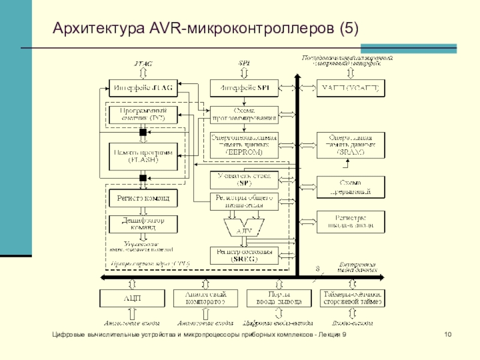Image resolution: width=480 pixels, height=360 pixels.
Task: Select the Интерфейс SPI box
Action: (x=244, y=88)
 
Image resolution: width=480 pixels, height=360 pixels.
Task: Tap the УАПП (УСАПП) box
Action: (x=351, y=88)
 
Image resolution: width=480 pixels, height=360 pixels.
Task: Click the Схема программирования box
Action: (x=244, y=114)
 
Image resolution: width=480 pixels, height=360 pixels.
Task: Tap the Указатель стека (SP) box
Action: (x=244, y=179)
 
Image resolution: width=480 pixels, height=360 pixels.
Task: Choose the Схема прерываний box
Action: (x=351, y=187)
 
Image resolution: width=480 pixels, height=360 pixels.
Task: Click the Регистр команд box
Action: (x=143, y=197)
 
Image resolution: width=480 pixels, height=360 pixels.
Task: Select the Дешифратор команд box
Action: (x=143, y=224)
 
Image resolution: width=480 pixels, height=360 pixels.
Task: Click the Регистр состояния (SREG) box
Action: (x=244, y=256)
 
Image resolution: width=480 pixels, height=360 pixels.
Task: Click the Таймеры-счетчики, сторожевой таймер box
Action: (x=351, y=298)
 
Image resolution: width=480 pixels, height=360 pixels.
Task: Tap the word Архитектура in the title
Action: (x=95, y=28)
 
